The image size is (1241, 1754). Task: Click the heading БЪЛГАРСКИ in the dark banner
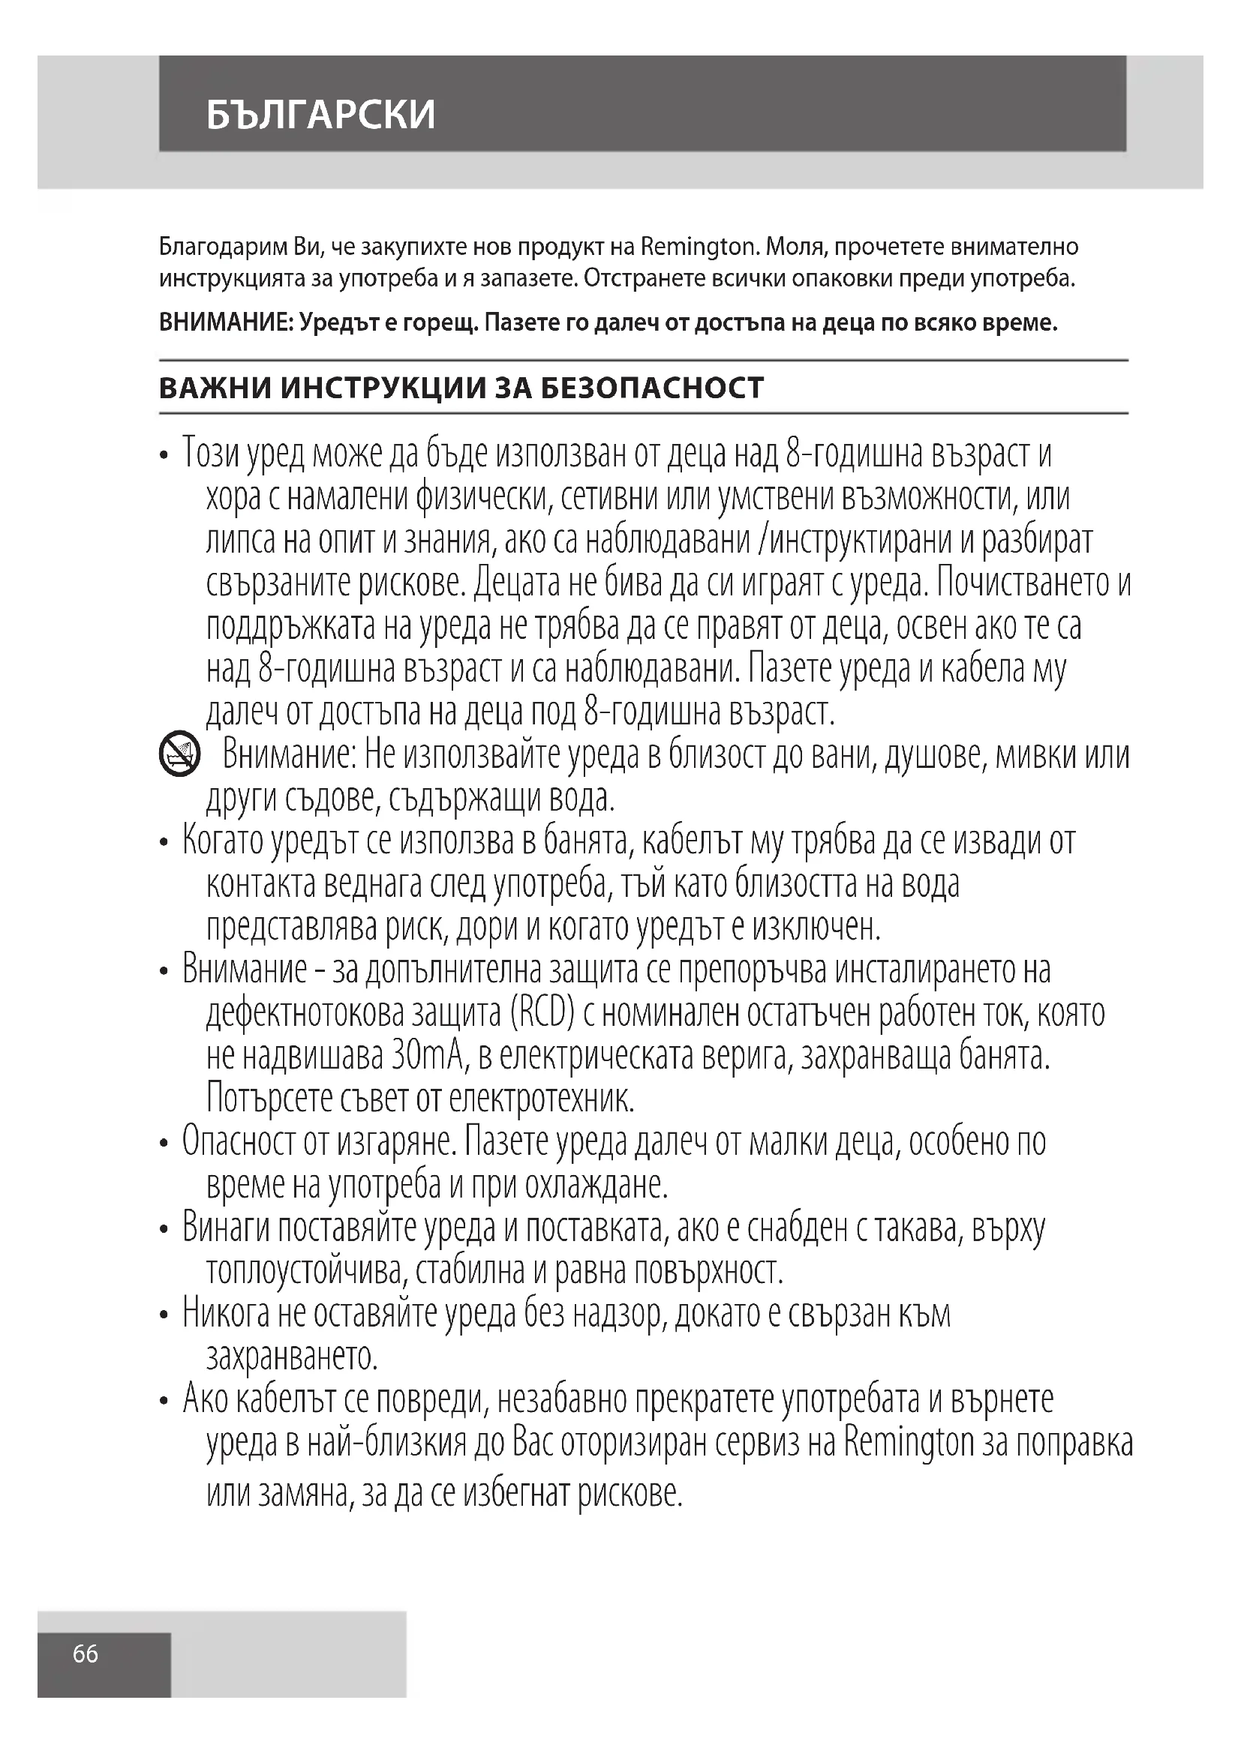pos(320,115)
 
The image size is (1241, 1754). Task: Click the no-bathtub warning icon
pos(179,755)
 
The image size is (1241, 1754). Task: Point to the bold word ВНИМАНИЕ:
pos(225,323)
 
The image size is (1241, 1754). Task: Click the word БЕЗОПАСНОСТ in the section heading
pos(652,388)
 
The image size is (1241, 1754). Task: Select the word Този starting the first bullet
pos(215,454)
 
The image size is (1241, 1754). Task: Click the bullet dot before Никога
pos(164,1316)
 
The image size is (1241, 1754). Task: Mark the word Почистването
pos(1025,583)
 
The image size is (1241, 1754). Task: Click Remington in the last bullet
pos(909,1444)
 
